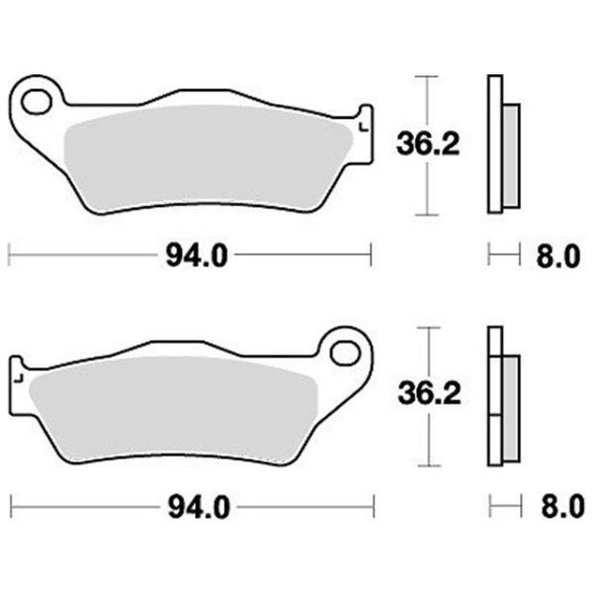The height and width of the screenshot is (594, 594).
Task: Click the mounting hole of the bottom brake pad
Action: (x=345, y=352)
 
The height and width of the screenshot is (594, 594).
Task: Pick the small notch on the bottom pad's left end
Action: (x=17, y=377)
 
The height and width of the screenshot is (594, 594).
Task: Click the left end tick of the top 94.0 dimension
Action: (x=9, y=257)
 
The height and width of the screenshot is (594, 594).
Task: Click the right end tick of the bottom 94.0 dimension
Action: (x=371, y=509)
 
